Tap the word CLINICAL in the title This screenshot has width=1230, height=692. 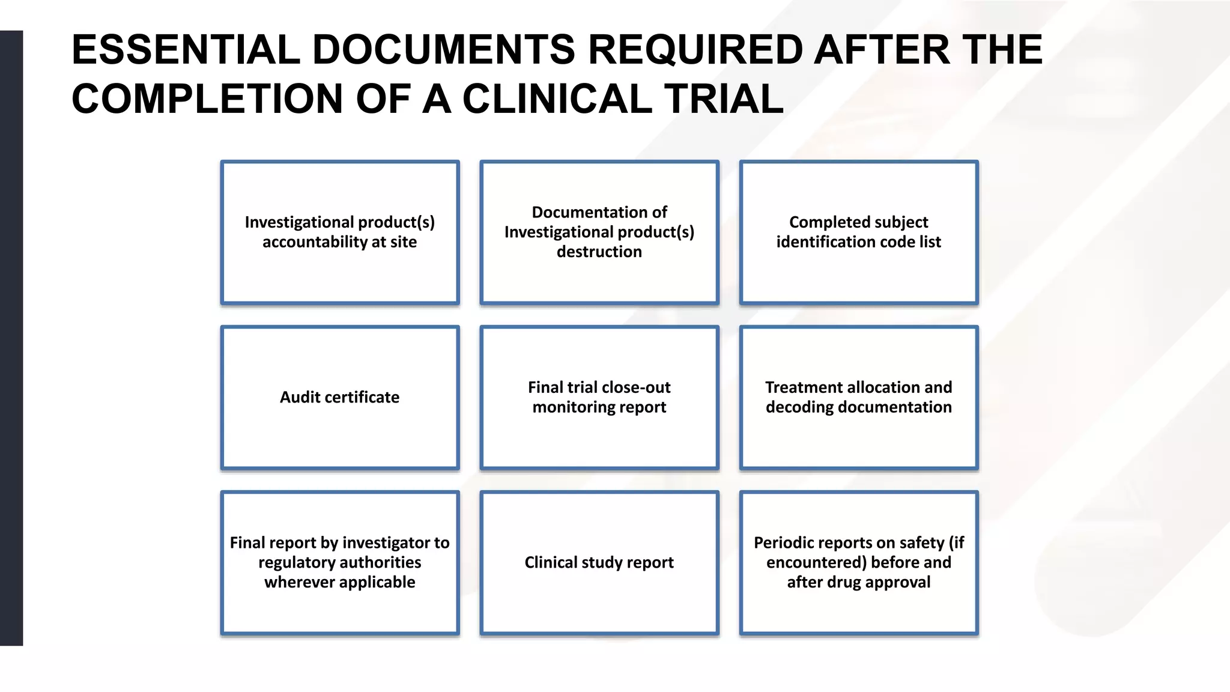tap(556, 99)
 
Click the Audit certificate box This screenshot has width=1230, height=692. tap(339, 397)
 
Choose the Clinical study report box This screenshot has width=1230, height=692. tap(599, 562)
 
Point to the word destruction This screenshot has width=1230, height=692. tap(599, 252)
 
